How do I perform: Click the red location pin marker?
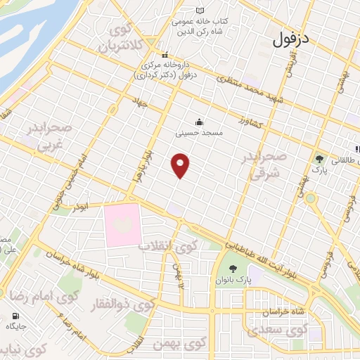(181, 165)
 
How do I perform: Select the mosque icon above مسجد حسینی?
(199, 121)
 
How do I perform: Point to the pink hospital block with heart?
(123, 225)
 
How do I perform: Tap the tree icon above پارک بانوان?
(233, 269)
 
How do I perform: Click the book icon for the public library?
(200, 11)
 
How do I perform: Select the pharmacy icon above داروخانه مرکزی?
(164, 54)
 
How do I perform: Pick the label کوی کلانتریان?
(116, 40)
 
